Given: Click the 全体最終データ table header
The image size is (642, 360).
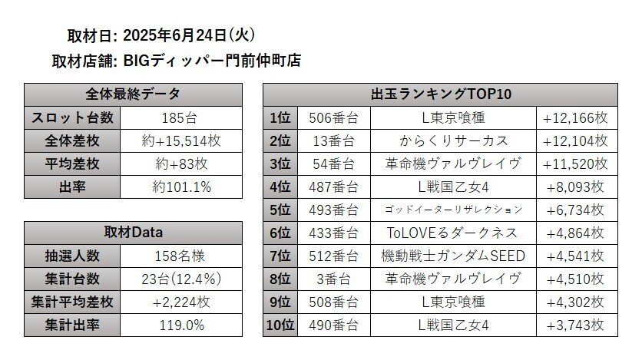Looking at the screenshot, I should click(x=133, y=94).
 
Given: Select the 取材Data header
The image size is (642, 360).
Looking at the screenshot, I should click(x=133, y=233).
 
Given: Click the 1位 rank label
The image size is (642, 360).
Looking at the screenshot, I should click(x=280, y=118).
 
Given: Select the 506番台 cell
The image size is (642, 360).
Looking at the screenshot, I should click(x=333, y=118).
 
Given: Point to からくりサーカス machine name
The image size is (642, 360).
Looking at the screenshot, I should click(x=453, y=141).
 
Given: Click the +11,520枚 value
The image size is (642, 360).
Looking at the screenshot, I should click(x=575, y=164).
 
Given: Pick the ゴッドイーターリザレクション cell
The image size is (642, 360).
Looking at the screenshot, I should click(x=453, y=210).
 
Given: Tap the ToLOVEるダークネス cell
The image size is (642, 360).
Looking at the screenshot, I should click(x=453, y=233).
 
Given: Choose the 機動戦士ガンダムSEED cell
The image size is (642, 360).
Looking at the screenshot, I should click(x=453, y=256).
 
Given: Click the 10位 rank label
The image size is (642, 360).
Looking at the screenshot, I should click(x=280, y=325).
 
